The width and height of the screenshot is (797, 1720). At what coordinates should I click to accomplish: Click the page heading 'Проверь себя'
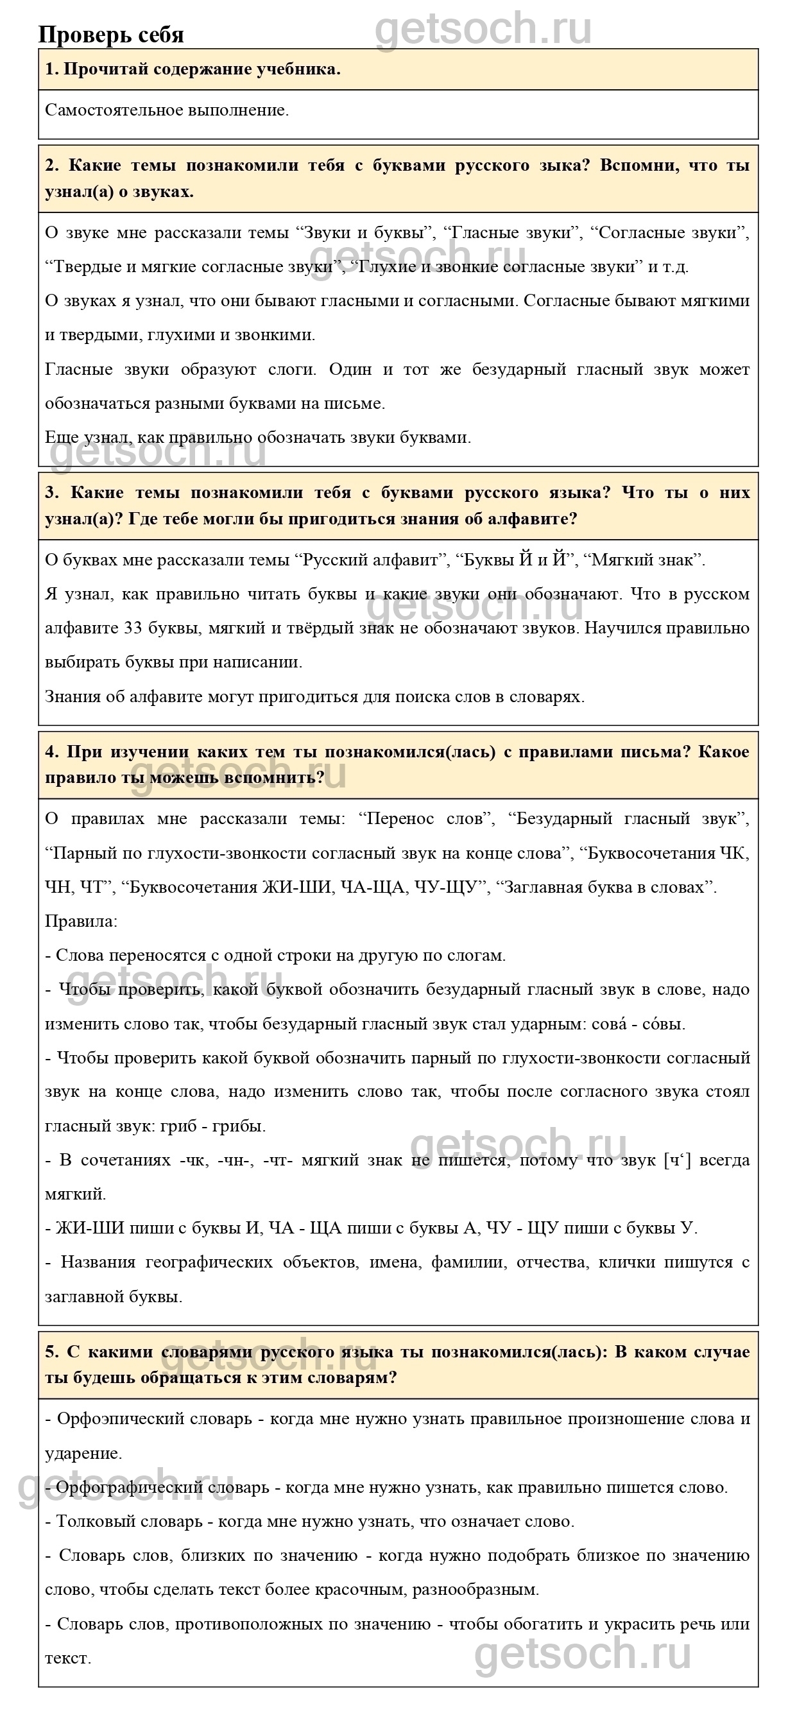coord(111,35)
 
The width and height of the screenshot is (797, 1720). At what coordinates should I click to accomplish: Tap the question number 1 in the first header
coord(50,69)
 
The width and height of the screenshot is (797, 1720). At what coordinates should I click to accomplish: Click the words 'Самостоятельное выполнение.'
coord(167,110)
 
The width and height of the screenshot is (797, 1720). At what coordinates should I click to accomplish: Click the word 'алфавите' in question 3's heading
coord(537,519)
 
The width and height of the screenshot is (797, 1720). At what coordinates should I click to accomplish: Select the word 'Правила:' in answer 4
coord(81,922)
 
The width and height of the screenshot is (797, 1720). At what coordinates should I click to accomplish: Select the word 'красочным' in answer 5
coord(354,1590)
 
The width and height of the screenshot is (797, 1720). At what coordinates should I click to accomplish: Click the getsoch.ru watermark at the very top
coord(483,28)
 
